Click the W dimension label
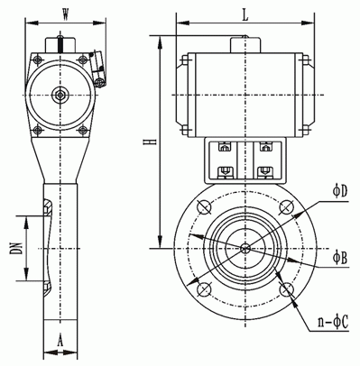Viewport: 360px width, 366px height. click(65, 14)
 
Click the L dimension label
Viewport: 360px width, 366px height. click(245, 15)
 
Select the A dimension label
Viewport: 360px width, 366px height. click(60, 341)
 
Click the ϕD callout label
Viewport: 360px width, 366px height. click(340, 191)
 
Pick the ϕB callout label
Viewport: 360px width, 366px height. click(340, 258)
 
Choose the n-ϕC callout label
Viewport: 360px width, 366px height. click(333, 322)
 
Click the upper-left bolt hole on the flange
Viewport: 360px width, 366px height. click(204, 207)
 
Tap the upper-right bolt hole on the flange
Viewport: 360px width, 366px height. click(287, 207)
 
